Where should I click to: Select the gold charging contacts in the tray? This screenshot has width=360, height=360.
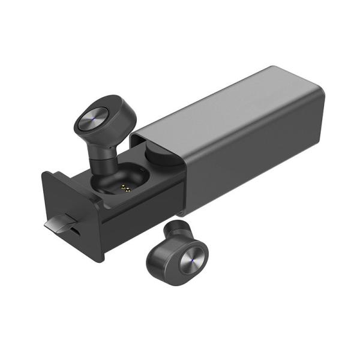(x=125, y=188)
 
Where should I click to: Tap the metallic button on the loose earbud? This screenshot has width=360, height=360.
(x=192, y=258)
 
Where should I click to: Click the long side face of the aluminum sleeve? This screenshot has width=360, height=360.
(x=252, y=162)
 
